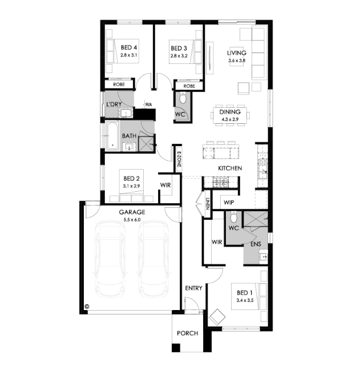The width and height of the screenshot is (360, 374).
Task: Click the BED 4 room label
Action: pyautogui.click(x=129, y=47)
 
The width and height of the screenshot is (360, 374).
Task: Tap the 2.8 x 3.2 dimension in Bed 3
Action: pyautogui.click(x=179, y=56)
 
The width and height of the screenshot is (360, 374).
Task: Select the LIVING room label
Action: pyautogui.click(x=237, y=53)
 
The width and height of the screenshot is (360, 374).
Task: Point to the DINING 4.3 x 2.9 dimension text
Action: pyautogui.click(x=230, y=119)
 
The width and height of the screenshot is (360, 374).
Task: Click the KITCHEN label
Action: pyautogui.click(x=230, y=168)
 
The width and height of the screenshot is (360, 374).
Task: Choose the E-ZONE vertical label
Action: pyautogui.click(x=179, y=159)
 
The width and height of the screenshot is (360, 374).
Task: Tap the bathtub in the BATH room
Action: pyautogui.click(x=112, y=136)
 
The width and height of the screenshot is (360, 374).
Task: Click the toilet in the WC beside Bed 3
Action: pyautogui.click(x=183, y=98)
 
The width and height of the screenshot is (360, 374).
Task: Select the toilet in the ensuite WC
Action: pyautogui.click(x=233, y=217)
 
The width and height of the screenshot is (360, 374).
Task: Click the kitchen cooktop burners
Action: pyautogui.click(x=221, y=183)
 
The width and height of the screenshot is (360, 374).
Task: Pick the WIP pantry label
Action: pyautogui.click(x=229, y=203)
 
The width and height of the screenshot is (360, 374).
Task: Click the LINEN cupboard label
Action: pyautogui.click(x=208, y=204)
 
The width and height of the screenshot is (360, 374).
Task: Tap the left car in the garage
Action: pyautogui.click(x=110, y=259)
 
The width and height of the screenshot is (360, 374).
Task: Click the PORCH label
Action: pyautogui.click(x=188, y=333)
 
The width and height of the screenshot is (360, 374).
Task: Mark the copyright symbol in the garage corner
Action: pyautogui.click(x=87, y=306)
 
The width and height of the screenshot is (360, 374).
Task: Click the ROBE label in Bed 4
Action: pyautogui.click(x=119, y=85)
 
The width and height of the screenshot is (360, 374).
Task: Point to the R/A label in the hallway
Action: pyautogui.click(x=148, y=104)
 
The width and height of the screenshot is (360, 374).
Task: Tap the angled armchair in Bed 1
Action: pyautogui.click(x=217, y=317)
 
